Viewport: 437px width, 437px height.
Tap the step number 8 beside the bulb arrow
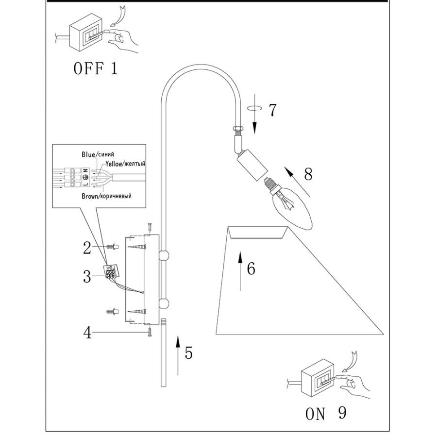point(308,174)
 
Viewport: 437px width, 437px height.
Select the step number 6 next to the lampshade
point(251,269)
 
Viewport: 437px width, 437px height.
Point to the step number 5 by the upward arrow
point(188,353)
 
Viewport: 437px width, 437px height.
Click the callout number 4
point(87,334)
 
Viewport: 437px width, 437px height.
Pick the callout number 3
point(87,277)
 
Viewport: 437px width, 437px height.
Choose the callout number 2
point(87,248)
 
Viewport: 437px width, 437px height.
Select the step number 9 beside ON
point(342,413)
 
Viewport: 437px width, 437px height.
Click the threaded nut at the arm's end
point(238,130)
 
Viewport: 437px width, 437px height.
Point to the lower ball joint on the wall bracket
point(164,304)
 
